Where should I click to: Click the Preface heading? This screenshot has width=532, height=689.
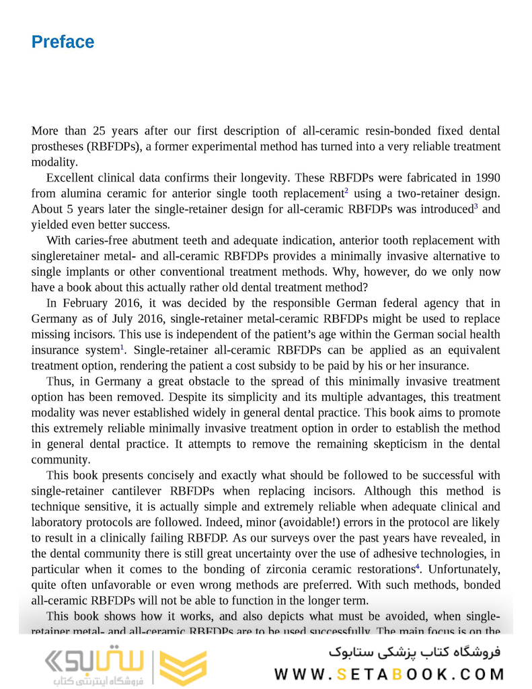tap(63, 42)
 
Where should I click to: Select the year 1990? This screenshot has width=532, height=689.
tap(487, 178)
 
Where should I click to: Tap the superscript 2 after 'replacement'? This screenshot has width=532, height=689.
tap(346, 190)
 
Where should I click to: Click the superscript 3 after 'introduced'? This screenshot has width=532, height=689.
tap(476, 206)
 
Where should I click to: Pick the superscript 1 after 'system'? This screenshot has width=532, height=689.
tap(122, 347)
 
